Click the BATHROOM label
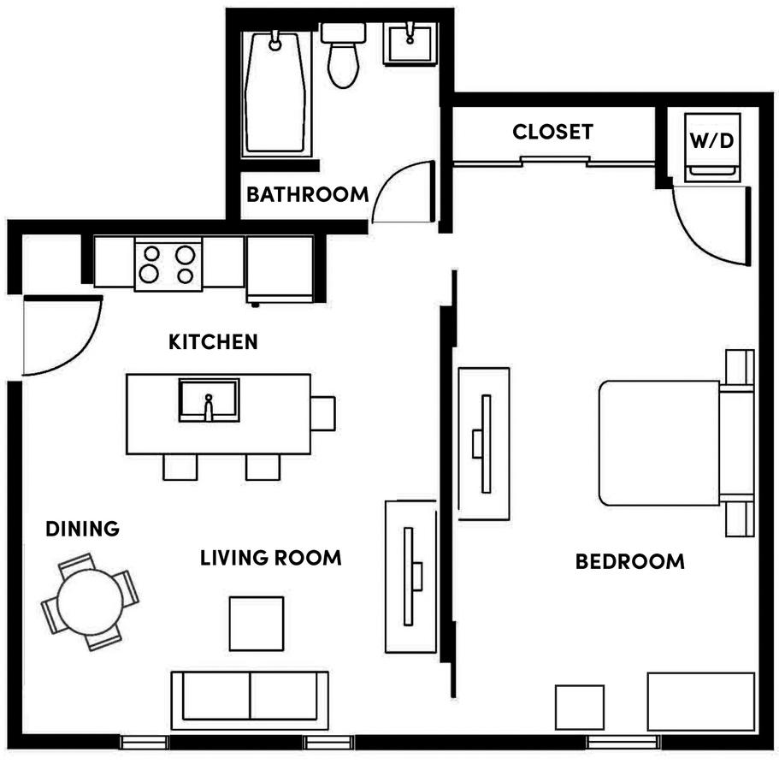[307, 194]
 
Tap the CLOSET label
[552, 132]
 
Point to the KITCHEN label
[213, 342]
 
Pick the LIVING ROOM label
[270, 558]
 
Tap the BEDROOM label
[629, 561]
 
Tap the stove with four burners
[168, 264]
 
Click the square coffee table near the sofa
[257, 623]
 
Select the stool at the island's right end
[323, 414]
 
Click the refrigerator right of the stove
[280, 268]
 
